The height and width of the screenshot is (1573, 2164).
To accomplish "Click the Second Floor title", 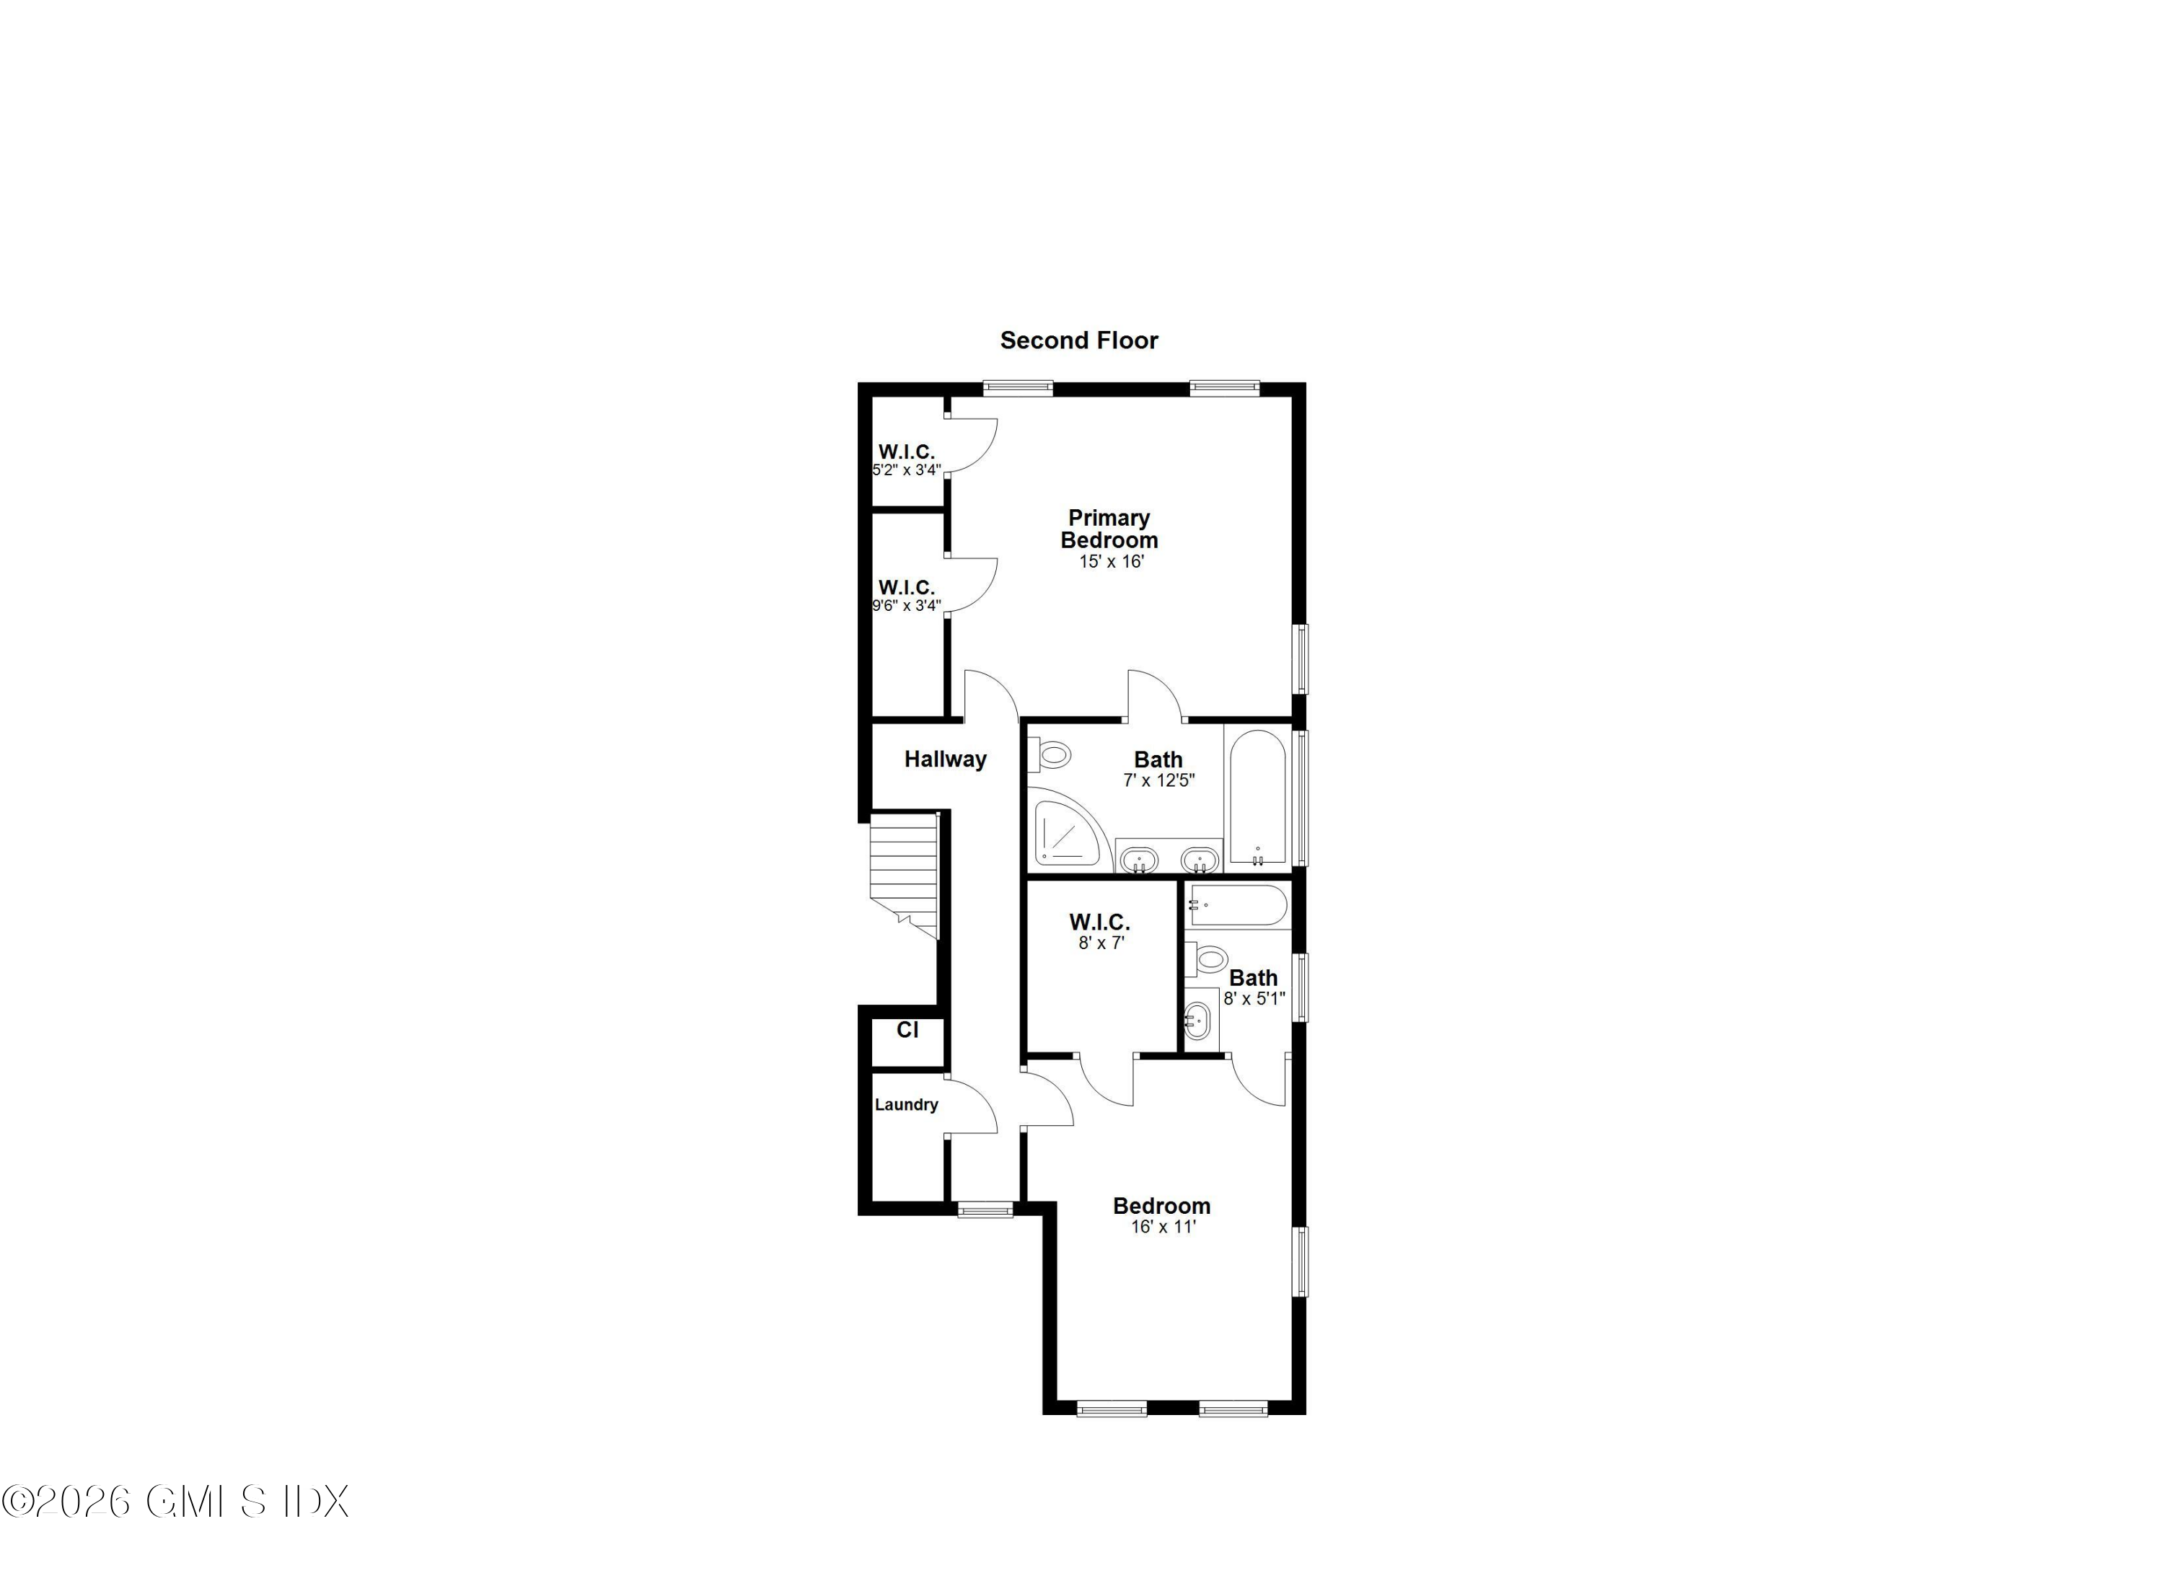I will (x=1078, y=340).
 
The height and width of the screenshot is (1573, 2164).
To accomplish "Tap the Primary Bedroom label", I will (x=1109, y=529).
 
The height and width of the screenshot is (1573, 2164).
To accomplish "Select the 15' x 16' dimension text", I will (x=1111, y=562).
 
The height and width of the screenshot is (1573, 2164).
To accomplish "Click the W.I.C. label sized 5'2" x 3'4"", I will (x=907, y=451).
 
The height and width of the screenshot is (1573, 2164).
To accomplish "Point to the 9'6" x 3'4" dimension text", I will (x=907, y=605).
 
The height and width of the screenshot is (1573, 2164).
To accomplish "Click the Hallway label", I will (x=945, y=759).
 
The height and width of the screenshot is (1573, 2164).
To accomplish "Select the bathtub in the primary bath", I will (x=1257, y=798).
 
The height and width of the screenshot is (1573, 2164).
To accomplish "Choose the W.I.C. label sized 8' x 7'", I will (x=1099, y=922).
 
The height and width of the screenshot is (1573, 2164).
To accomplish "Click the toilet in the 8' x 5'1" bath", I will (x=1208, y=958).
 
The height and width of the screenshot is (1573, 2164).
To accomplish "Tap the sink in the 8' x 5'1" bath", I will (x=1197, y=1022).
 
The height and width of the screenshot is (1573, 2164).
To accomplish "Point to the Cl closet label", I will (x=907, y=1030).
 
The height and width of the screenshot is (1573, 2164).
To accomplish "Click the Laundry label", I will (x=907, y=1105).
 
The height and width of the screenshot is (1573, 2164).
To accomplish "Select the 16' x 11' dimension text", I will (x=1163, y=1227).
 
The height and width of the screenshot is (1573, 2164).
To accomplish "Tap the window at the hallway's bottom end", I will (x=985, y=1210).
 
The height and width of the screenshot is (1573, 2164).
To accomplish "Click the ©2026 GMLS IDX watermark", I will (x=175, y=1502).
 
